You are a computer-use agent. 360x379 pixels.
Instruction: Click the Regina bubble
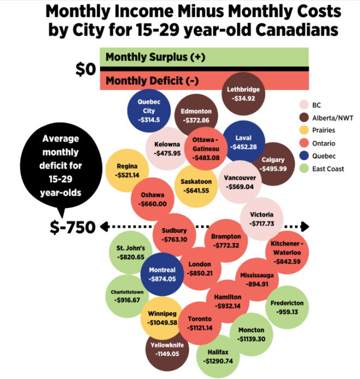(127, 170)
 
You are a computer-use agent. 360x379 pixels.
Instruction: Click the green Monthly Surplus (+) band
(205, 57)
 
